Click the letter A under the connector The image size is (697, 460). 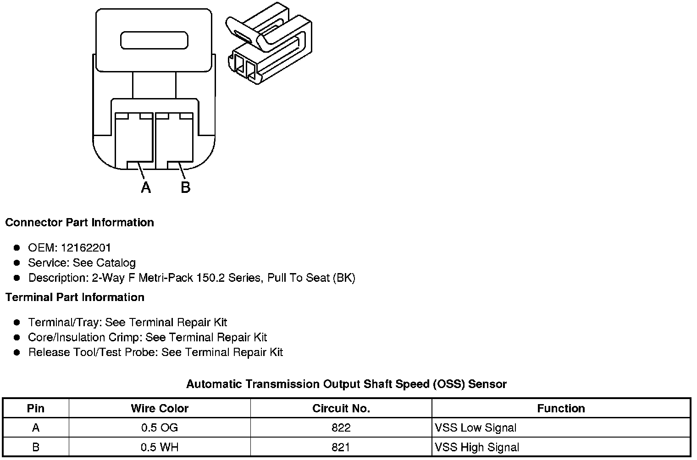point(146,187)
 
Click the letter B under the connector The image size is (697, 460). point(185,187)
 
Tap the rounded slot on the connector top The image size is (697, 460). point(154,40)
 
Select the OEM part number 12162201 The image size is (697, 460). point(86,248)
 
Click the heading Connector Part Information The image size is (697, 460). point(79,223)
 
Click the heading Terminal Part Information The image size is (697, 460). point(75,297)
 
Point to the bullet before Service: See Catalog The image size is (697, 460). point(17,263)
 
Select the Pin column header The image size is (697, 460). point(36,408)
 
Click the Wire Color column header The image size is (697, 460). point(160,408)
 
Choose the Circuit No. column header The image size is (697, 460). point(341,408)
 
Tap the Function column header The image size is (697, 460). point(561,408)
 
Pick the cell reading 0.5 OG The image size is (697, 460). point(160,428)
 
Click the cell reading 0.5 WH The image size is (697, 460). point(160,447)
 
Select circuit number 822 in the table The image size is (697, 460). point(341,428)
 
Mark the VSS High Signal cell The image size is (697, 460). point(477,447)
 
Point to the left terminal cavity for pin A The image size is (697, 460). point(134,140)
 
